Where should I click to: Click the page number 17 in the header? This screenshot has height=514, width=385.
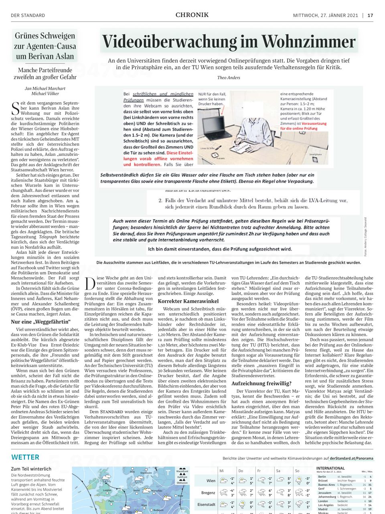370,15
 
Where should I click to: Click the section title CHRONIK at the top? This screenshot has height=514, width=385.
192,15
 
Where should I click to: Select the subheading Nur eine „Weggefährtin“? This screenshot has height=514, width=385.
41,322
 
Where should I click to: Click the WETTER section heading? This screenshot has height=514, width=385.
25,457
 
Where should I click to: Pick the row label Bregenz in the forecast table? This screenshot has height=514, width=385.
208,492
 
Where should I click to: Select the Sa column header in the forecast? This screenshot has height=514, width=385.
278,471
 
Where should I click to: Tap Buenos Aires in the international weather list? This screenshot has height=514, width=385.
326,485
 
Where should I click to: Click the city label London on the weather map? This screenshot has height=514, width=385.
107,490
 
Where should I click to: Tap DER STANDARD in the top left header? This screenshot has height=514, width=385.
28,15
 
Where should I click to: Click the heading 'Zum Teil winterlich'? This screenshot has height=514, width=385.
31,469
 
